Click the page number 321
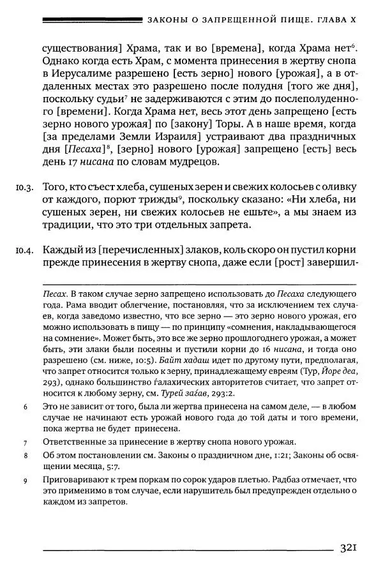tap(352, 548)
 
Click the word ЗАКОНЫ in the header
tap(169, 21)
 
